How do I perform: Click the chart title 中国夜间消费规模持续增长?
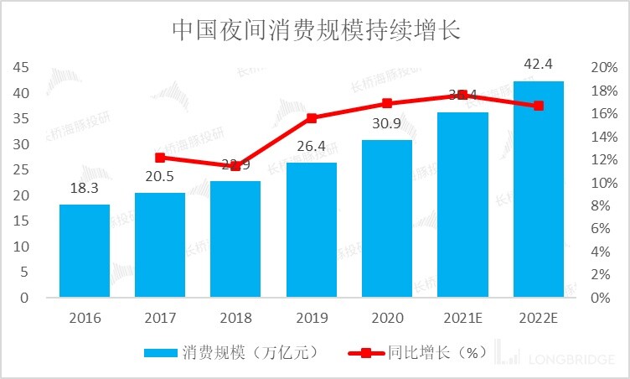pyautogui.click(x=316, y=30)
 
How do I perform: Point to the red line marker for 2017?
pyautogui.click(x=160, y=158)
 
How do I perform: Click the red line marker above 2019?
pyautogui.click(x=312, y=118)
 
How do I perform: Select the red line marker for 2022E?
pyautogui.click(x=539, y=106)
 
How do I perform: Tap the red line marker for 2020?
pyautogui.click(x=387, y=103)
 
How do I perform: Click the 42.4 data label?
pyautogui.click(x=539, y=65)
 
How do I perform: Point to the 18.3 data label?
pyautogui.click(x=85, y=189)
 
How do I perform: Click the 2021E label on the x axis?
pyautogui.click(x=462, y=318)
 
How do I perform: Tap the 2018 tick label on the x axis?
pyautogui.click(x=235, y=318)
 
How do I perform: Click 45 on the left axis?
pyautogui.click(x=20, y=68)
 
